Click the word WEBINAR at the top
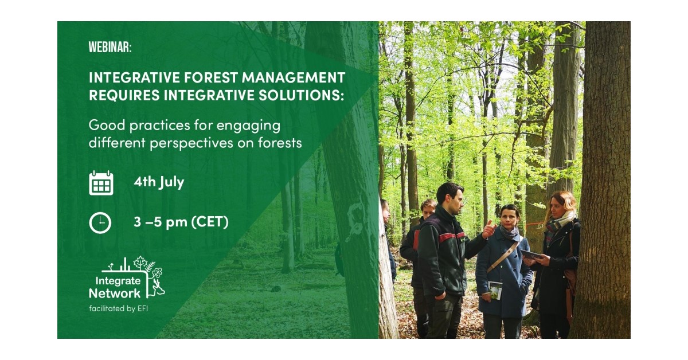110,48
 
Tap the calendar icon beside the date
101,183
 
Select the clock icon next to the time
100,222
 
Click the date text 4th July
159,182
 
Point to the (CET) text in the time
210,221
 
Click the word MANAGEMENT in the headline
294,77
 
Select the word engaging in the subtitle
248,126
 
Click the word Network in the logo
115,294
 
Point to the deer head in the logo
158,288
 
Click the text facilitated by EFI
119,308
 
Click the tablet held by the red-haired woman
530,254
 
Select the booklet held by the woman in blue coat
495,290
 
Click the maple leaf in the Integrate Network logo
140,263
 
